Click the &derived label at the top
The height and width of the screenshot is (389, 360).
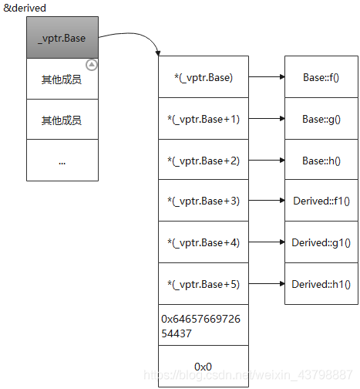[x=25, y=8]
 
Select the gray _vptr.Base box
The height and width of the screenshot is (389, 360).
[x=62, y=38]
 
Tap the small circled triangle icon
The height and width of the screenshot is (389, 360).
[x=92, y=65]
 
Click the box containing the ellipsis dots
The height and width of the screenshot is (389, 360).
[x=62, y=161]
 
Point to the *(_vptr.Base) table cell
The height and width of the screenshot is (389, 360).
[x=204, y=77]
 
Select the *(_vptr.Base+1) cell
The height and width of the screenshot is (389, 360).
[x=204, y=119]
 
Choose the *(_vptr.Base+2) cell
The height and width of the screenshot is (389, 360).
[x=204, y=160]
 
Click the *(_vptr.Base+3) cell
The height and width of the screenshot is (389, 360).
[x=204, y=201]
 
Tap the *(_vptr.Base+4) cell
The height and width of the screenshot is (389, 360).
[x=204, y=242]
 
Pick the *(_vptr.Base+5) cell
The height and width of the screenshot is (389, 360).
[x=204, y=284]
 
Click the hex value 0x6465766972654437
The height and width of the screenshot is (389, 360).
[x=200, y=326]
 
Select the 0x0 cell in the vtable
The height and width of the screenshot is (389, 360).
[x=204, y=366]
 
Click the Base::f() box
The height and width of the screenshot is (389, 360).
[x=321, y=77]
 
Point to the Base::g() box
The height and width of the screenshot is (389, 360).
[x=321, y=119]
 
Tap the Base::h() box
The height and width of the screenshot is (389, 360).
[x=321, y=160]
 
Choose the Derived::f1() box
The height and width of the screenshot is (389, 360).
[x=321, y=201]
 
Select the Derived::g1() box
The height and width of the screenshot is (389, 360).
[x=321, y=242]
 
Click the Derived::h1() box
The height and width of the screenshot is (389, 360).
[x=321, y=284]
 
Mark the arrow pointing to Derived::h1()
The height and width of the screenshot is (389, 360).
[x=267, y=284]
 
